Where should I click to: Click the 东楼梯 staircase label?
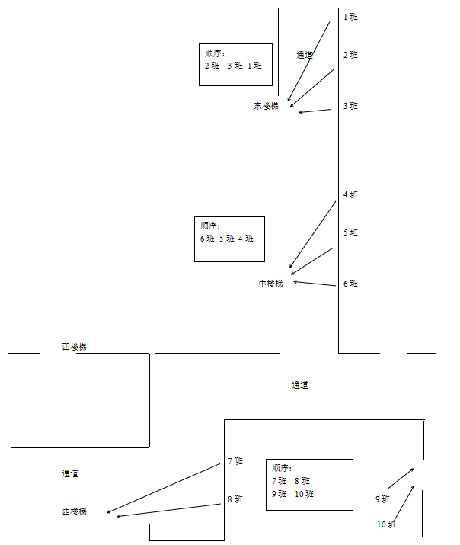pyautogui.click(x=266, y=106)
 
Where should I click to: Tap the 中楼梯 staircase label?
pyautogui.click(x=270, y=284)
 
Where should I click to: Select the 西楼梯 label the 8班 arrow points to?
pyautogui.click(x=74, y=511)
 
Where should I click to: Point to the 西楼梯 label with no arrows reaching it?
pyautogui.click(x=74, y=347)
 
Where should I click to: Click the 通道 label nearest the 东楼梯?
pyautogui.click(x=305, y=55)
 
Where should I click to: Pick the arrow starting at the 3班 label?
pyautogui.click(x=315, y=111)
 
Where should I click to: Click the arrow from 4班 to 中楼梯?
pyautogui.click(x=312, y=236)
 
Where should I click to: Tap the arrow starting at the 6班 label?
pyautogui.click(x=314, y=284)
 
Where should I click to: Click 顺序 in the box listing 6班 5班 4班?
pyautogui.click(x=209, y=226)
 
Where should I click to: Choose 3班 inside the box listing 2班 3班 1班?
pyautogui.click(x=235, y=66)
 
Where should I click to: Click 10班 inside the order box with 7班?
pyautogui.click(x=304, y=494)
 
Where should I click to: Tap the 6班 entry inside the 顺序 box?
pyautogui.click(x=208, y=239)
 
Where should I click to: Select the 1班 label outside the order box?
pyautogui.click(x=350, y=16)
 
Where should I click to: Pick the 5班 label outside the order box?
pyautogui.click(x=350, y=232)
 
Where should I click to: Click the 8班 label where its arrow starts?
pyautogui.click(x=235, y=499)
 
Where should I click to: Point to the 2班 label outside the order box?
pyautogui.click(x=350, y=55)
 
